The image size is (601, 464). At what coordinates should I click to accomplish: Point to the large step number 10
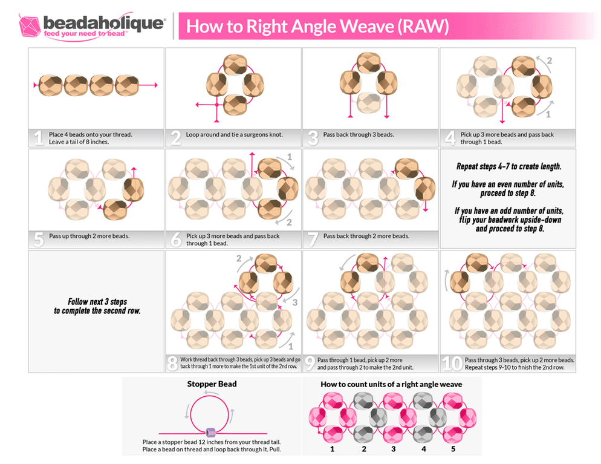click(451, 364)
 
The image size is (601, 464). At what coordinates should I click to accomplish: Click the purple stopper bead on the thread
click(211, 433)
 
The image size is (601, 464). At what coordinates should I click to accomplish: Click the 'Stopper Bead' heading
click(212, 384)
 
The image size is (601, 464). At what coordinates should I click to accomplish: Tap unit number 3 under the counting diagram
click(394, 449)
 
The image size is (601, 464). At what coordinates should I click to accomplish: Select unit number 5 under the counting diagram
click(453, 449)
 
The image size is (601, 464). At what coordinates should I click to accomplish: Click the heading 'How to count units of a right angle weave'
click(391, 384)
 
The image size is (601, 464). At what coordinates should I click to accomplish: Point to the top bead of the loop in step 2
click(233, 64)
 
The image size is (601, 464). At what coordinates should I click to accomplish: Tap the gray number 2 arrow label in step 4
click(549, 60)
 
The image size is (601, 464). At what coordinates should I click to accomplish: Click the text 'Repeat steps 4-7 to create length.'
click(507, 165)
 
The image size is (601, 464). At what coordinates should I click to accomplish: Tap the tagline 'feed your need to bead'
click(85, 34)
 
